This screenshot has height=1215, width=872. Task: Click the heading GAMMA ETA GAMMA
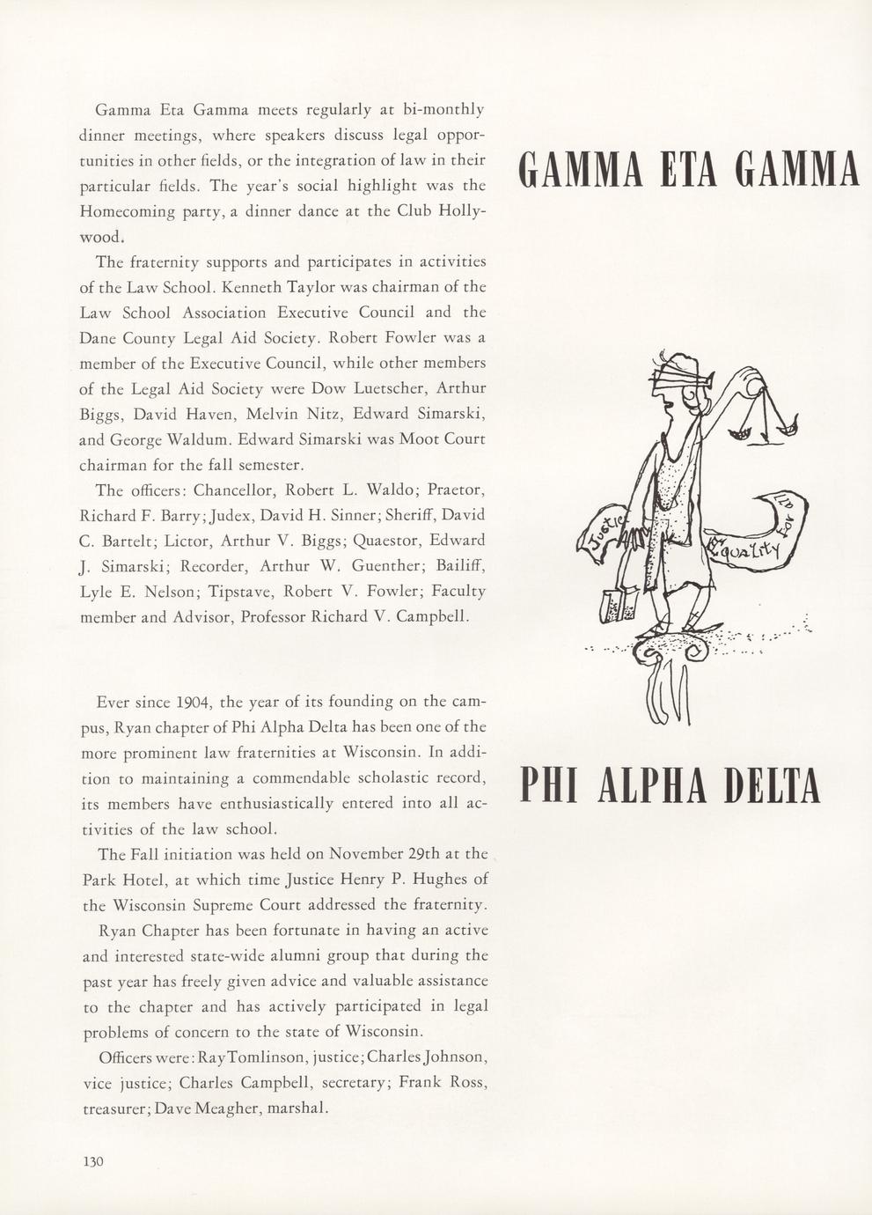[689, 170]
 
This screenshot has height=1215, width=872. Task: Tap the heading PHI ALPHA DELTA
[670, 785]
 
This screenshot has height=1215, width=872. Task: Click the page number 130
[93, 1161]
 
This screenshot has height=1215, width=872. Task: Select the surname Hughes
[443, 879]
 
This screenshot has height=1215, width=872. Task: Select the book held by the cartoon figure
[613, 606]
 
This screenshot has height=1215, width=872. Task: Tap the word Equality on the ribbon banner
[747, 551]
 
